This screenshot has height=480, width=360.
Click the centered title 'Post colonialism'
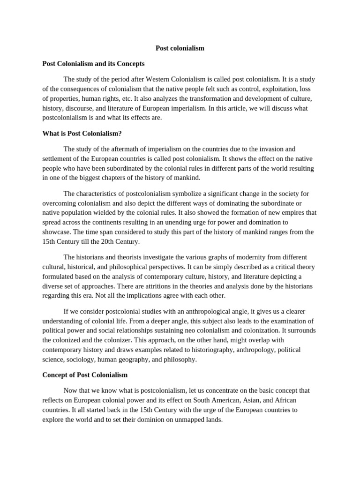(180, 48)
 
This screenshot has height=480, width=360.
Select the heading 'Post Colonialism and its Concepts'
(93, 63)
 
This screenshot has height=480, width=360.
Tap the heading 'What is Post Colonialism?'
(82, 134)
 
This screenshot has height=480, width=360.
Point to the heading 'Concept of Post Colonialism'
(85, 375)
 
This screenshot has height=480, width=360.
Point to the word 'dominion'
(143, 420)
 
